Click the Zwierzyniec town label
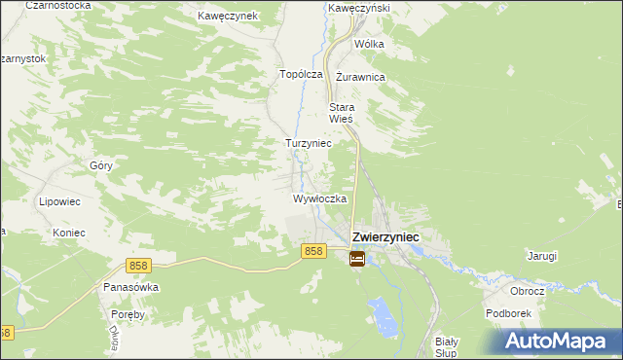click(385, 236)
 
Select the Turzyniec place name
click(308, 143)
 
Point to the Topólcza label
click(301, 74)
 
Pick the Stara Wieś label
click(342, 113)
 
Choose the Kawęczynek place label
click(227, 17)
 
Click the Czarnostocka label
click(59, 5)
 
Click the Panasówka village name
click(130, 288)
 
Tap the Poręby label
click(128, 314)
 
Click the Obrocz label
click(527, 291)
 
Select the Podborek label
click(507, 314)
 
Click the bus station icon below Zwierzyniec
click(357, 259)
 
